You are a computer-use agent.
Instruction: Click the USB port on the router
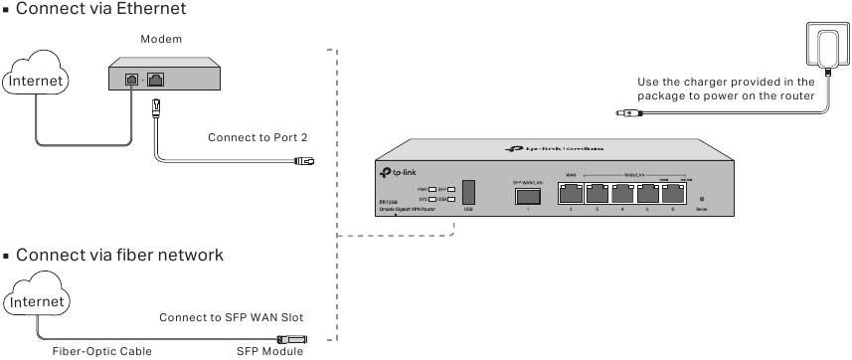468,192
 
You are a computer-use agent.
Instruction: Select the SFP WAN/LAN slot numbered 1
526,196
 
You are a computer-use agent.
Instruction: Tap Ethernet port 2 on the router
572,194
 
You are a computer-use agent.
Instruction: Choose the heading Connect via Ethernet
97,9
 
